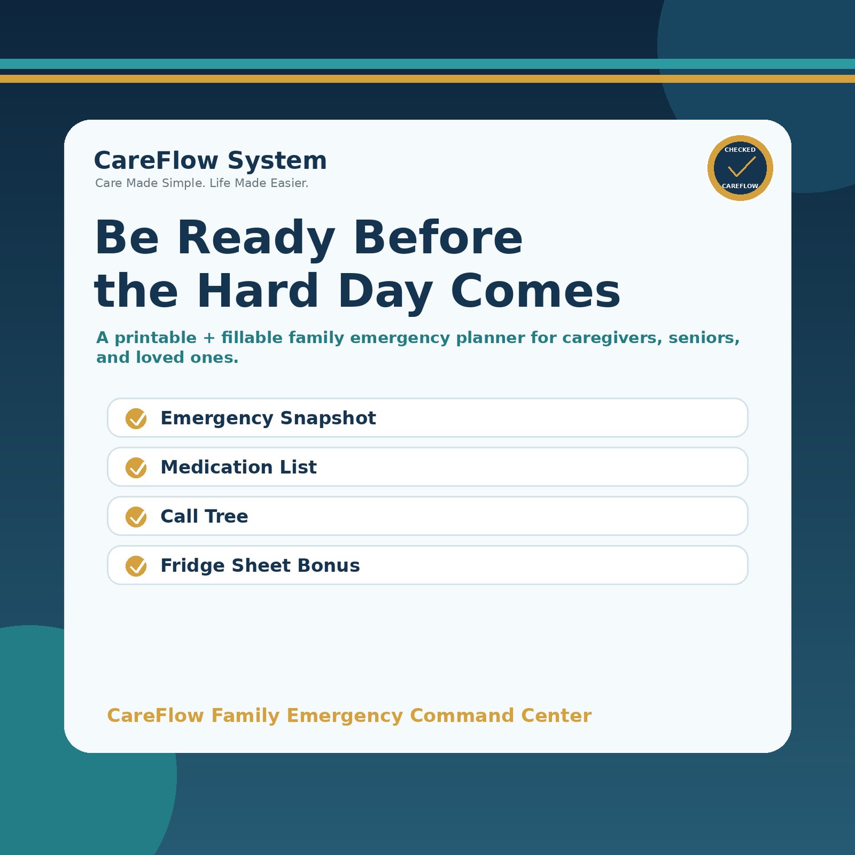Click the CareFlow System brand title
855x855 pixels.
point(210,161)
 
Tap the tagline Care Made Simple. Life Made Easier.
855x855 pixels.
point(202,183)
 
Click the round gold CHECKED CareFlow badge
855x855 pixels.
point(740,168)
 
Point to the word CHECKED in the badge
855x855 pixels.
point(740,150)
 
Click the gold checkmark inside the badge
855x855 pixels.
point(742,166)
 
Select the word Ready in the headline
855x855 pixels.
point(256,238)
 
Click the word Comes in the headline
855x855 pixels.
point(535,291)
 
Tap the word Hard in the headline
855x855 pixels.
point(258,290)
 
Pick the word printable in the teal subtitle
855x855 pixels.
point(156,338)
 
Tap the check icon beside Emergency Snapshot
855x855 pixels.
point(136,418)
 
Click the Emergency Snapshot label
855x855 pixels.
point(268,418)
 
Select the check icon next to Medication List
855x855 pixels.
point(136,467)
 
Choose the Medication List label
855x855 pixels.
point(238,467)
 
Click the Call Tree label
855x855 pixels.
point(204,516)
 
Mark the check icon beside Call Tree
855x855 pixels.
point(136,516)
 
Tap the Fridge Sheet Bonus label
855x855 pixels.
point(260,565)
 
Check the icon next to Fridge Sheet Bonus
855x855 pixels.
point(136,565)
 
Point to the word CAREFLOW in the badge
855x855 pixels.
point(740,186)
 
